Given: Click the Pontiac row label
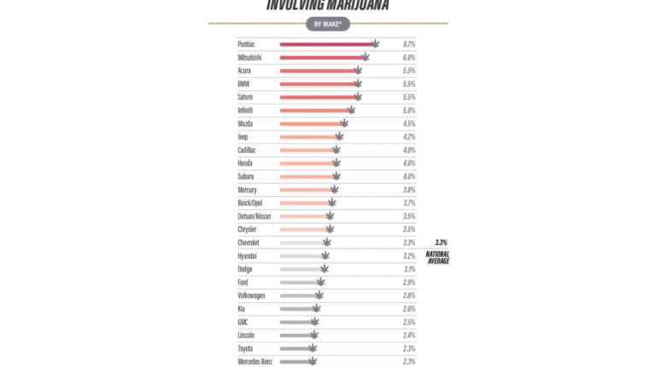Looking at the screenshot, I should pyautogui.click(x=247, y=44).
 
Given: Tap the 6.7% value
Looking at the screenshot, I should pyautogui.click(x=408, y=44).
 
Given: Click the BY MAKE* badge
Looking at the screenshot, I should pyautogui.click(x=328, y=24).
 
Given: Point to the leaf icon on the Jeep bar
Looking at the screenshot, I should pyautogui.click(x=339, y=137).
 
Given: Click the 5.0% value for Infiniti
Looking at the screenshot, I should pyautogui.click(x=408, y=110).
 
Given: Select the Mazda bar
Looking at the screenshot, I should pyautogui.click(x=309, y=124).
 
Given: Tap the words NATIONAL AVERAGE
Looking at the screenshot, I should pyautogui.click(x=437, y=257).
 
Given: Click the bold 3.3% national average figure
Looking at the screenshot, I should pyautogui.click(x=441, y=242).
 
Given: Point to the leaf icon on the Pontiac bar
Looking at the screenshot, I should pyautogui.click(x=374, y=43).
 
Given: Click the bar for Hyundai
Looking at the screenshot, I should pyautogui.click(x=300, y=256).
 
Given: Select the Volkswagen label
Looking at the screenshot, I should pyautogui.click(x=251, y=295).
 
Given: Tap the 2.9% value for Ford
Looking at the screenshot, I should pyautogui.click(x=408, y=282).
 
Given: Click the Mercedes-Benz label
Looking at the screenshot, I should pyautogui.click(x=255, y=361).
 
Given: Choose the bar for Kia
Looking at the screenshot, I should pyautogui.click(x=296, y=308).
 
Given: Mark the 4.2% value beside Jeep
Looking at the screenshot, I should pyautogui.click(x=408, y=137).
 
